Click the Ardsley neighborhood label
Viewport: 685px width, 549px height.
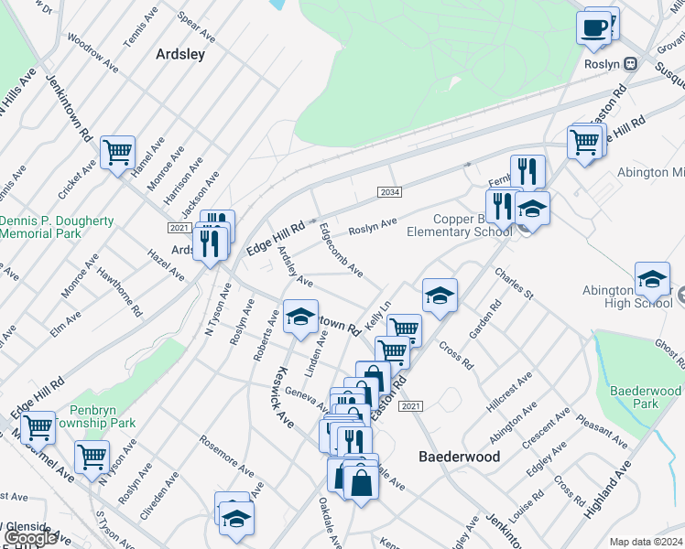(x=179, y=54)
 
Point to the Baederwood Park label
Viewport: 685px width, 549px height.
(x=646, y=397)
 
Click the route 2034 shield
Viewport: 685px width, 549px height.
(x=388, y=191)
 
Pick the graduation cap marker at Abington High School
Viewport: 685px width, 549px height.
(x=652, y=279)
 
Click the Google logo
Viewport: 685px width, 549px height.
(x=30, y=538)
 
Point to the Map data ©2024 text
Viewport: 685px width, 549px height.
(x=646, y=542)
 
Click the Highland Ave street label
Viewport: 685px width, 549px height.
(x=609, y=490)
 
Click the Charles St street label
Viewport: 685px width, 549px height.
(x=514, y=283)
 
